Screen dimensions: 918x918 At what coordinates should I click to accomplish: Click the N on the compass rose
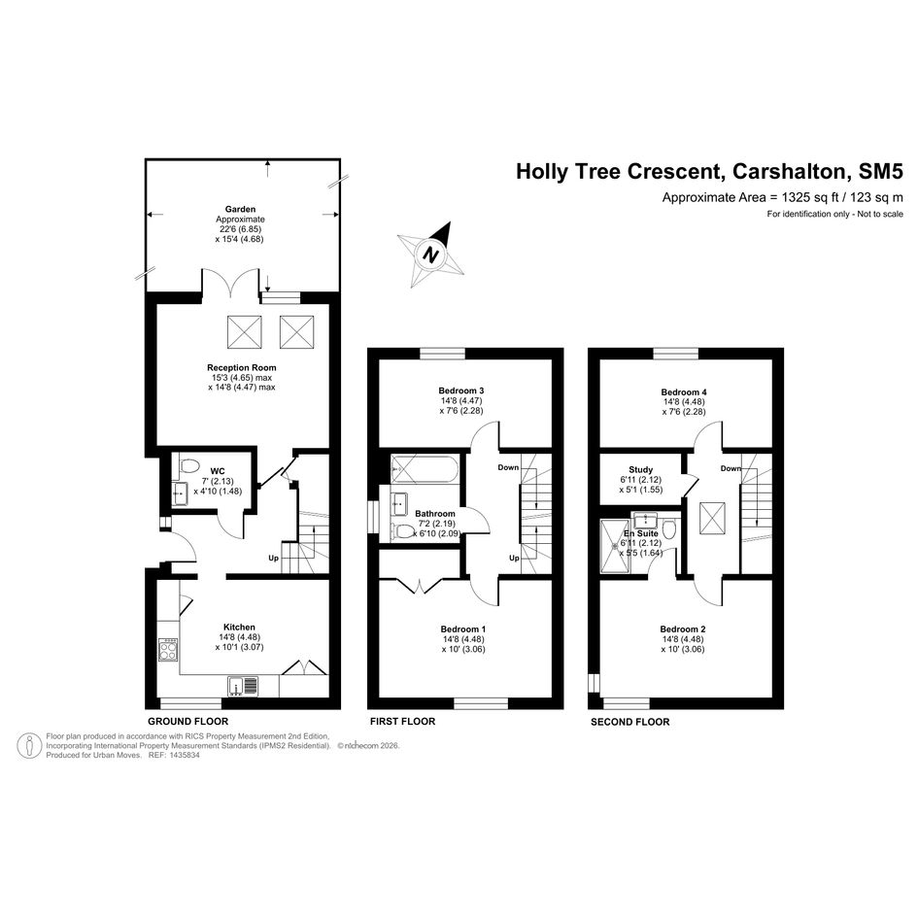[x=431, y=255]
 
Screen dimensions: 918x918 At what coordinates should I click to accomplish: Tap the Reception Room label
[x=242, y=367]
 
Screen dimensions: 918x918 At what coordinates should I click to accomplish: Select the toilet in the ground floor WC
[x=187, y=466]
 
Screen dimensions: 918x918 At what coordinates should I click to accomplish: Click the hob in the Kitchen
[x=168, y=649]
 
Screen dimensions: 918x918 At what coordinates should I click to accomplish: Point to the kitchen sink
[x=243, y=686]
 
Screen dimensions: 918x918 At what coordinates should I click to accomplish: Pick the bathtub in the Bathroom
[x=425, y=469]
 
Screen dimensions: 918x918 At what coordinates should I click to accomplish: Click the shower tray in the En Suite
[x=615, y=546]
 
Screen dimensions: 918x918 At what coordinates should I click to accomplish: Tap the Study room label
[x=641, y=469]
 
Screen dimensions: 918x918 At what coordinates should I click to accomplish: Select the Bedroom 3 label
[x=461, y=391]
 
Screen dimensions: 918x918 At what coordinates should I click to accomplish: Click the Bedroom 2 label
[x=683, y=629]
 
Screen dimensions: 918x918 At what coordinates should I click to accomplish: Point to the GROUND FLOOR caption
[x=187, y=721]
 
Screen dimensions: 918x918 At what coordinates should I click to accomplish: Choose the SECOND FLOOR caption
[x=629, y=722]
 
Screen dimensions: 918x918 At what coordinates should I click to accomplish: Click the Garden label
[x=241, y=209]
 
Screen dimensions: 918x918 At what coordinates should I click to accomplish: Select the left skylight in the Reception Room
[x=244, y=332]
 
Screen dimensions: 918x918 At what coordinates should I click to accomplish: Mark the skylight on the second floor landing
[x=712, y=519]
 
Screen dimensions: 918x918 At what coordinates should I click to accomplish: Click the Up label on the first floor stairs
[x=514, y=558]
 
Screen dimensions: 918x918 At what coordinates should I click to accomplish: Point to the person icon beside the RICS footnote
[x=29, y=746]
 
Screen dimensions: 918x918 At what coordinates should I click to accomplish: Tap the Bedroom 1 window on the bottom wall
[x=481, y=703]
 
